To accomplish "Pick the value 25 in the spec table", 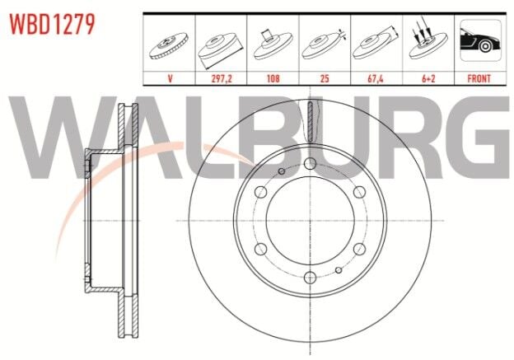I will [x=325, y=79].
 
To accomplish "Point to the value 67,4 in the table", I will [x=376, y=79].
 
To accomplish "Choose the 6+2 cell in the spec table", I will [x=427, y=79].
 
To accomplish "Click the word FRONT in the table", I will [x=479, y=79].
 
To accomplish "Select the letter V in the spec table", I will [x=170, y=79].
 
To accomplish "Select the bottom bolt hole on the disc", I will [x=309, y=278].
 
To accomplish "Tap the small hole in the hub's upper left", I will [x=281, y=171].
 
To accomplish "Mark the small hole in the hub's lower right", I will [x=338, y=269].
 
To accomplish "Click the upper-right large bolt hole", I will [x=358, y=191].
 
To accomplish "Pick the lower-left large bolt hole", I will [x=260, y=250].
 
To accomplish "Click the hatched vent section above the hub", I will [x=310, y=124].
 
